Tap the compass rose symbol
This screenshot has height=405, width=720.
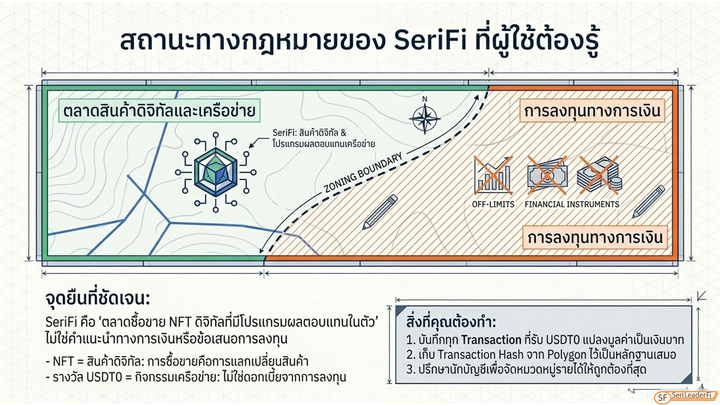(425, 119)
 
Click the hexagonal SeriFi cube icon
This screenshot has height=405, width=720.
(216, 172)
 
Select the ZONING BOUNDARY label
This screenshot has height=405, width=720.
(363, 173)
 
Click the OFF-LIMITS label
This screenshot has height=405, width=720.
(493, 205)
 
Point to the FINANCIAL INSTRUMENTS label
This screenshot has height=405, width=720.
(572, 205)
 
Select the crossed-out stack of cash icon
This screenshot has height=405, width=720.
(599, 175)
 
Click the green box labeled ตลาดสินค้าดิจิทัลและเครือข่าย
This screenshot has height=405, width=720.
(159, 111)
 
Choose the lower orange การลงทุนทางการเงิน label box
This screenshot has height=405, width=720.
(595, 238)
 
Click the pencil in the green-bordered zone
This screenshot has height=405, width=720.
(380, 212)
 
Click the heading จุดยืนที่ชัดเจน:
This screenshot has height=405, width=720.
(98, 299)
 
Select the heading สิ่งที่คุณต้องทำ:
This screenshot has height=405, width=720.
(451, 322)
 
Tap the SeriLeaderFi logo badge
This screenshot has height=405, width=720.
(686, 397)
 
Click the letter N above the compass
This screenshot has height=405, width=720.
(425, 99)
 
